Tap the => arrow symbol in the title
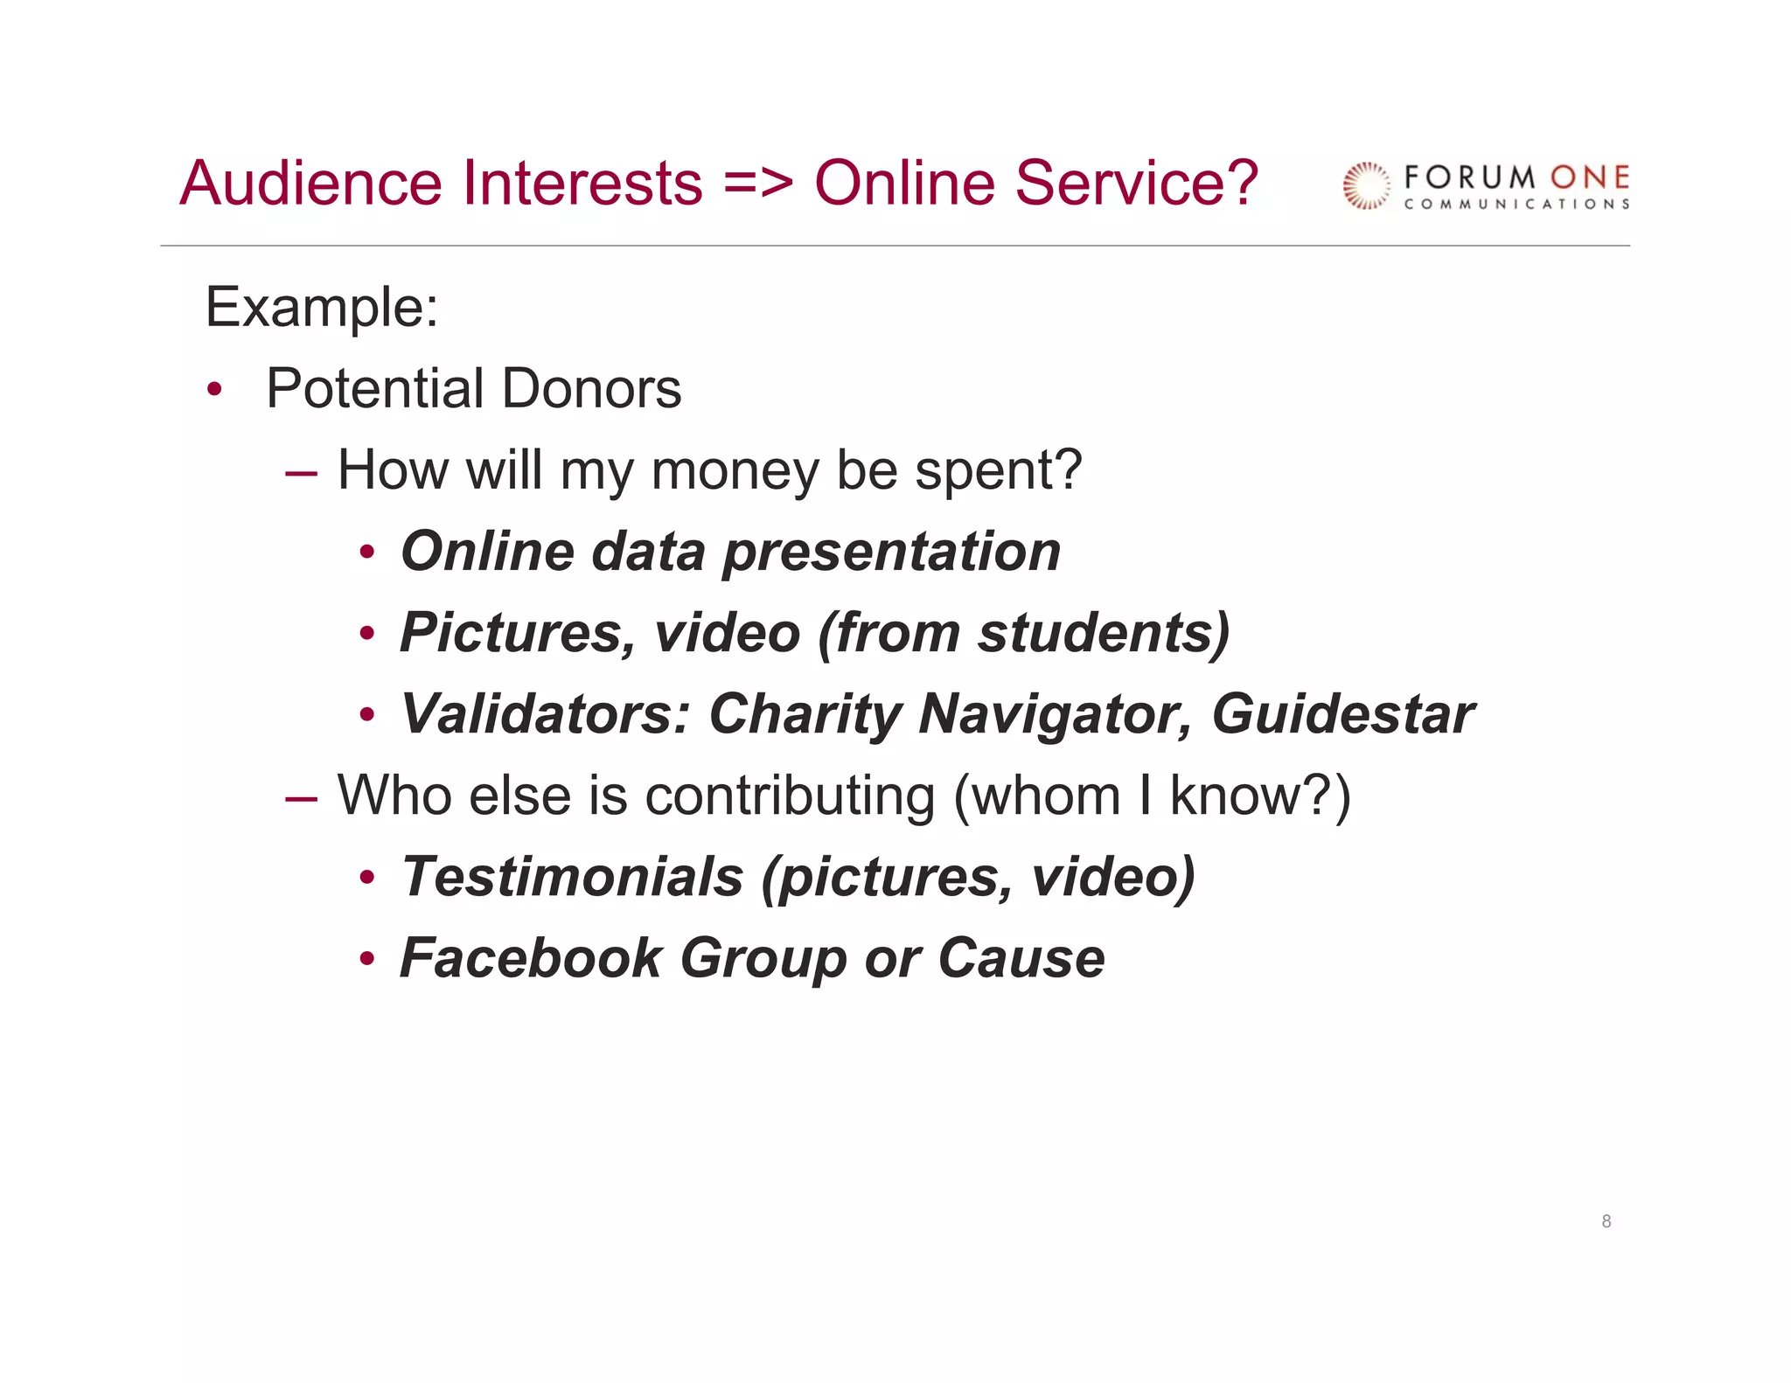758,185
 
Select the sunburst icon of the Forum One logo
1366,186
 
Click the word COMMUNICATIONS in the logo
1516,205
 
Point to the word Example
321,308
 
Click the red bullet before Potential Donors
215,389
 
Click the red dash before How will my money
301,473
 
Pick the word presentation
891,553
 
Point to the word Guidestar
1342,714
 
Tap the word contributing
790,796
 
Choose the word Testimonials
572,877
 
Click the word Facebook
531,958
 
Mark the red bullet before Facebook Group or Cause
367,959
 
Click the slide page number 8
1606,1221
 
